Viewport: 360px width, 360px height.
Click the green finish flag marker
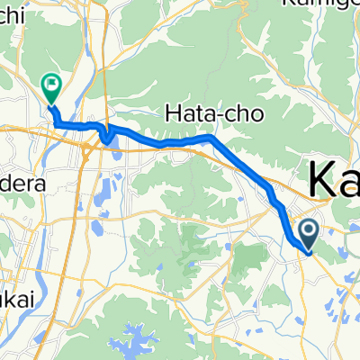(x=49, y=87)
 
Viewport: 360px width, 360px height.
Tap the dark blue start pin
(x=309, y=234)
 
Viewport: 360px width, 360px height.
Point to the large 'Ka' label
(x=334, y=179)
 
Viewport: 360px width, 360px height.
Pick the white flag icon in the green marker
(x=49, y=85)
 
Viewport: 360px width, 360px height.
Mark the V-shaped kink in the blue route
(x=108, y=138)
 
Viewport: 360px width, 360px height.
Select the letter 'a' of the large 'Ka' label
(x=349, y=183)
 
